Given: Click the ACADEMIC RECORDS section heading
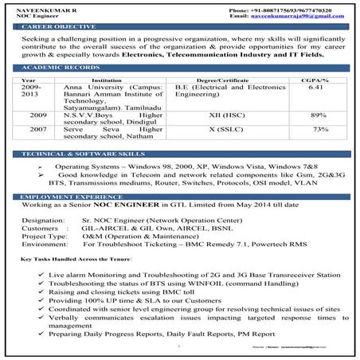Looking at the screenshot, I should pyautogui.click(x=57, y=70).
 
